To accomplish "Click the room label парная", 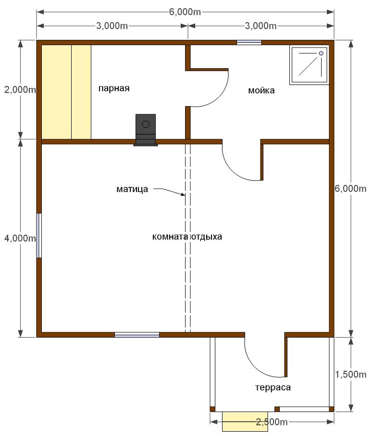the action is (114, 89).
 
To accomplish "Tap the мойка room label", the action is (261, 90).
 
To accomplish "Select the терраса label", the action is (273, 388).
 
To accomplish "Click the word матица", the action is (132, 189).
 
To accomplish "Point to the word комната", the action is (170, 237).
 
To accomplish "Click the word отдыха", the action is (206, 237).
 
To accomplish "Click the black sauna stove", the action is (145, 130).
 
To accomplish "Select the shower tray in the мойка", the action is (309, 65).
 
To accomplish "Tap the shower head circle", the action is (321, 53).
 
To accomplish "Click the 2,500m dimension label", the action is (272, 422).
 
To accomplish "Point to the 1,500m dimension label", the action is (351, 374).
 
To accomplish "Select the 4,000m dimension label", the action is (20, 238).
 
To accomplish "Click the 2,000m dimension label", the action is (20, 90).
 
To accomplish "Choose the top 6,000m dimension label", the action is (185, 12).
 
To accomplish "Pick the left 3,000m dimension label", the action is (112, 26).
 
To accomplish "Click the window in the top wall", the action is (249, 42).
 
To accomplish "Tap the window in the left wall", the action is (39, 235).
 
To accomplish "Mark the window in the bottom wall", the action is (137, 335).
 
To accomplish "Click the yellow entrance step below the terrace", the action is (245, 422).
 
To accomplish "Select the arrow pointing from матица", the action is (169, 192).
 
